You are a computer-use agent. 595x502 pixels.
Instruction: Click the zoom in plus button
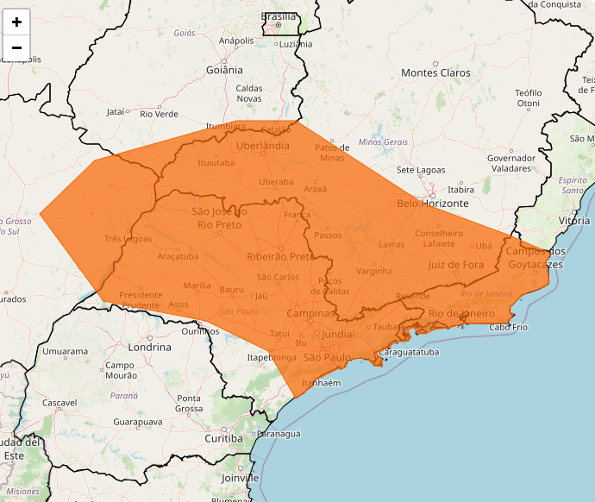click(16, 22)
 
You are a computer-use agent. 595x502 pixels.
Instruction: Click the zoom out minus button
click(16, 47)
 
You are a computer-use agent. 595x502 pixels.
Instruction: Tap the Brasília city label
click(278, 16)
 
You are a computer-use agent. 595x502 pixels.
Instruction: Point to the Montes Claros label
click(435, 72)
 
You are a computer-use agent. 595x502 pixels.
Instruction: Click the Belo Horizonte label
click(432, 204)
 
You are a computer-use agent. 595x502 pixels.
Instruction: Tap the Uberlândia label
click(262, 146)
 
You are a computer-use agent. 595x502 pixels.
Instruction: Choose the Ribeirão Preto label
click(280, 256)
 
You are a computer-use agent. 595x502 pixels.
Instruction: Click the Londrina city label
click(148, 347)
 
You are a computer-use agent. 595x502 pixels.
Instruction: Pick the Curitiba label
click(223, 438)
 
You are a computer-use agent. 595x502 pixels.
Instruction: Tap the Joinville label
click(240, 477)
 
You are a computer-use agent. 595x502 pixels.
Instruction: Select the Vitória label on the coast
click(574, 221)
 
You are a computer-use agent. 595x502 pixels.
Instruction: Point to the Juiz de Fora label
click(455, 265)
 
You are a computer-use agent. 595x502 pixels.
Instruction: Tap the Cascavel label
click(60, 403)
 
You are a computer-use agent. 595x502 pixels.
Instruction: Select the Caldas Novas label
click(249, 93)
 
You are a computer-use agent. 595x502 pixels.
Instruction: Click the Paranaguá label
click(279, 434)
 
